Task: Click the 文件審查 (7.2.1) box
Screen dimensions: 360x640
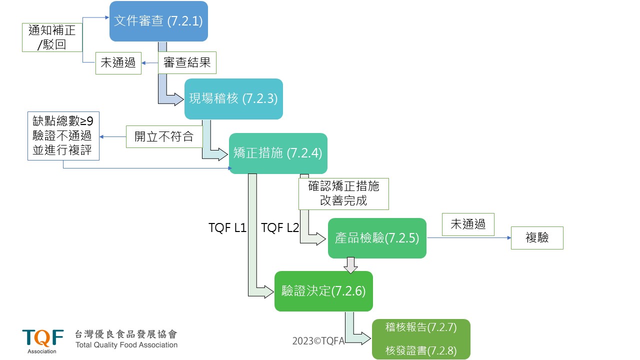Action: pos(158,21)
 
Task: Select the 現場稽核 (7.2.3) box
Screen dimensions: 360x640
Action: pos(233,99)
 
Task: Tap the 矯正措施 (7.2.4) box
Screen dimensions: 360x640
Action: pos(278,153)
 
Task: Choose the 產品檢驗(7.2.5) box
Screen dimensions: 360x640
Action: pos(377,238)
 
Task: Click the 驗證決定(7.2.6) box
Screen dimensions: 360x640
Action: pos(323,291)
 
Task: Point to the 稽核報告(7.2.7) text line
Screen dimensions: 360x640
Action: pos(421,328)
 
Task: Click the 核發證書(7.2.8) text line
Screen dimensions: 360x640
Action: pos(421,350)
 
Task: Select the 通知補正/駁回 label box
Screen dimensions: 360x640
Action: pos(52,37)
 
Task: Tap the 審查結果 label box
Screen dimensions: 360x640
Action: pos(187,63)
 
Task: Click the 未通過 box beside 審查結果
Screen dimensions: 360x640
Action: pos(118,63)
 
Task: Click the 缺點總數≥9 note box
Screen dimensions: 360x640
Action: pos(63,136)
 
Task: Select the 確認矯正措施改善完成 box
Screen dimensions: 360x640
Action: pos(343,193)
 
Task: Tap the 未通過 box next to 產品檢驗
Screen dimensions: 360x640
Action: pos(468,224)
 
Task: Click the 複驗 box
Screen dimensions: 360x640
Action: pos(537,238)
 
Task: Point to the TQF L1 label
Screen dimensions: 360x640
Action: pos(227,228)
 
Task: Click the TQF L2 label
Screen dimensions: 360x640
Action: pos(280,228)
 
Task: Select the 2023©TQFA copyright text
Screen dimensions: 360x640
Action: pos(318,341)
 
